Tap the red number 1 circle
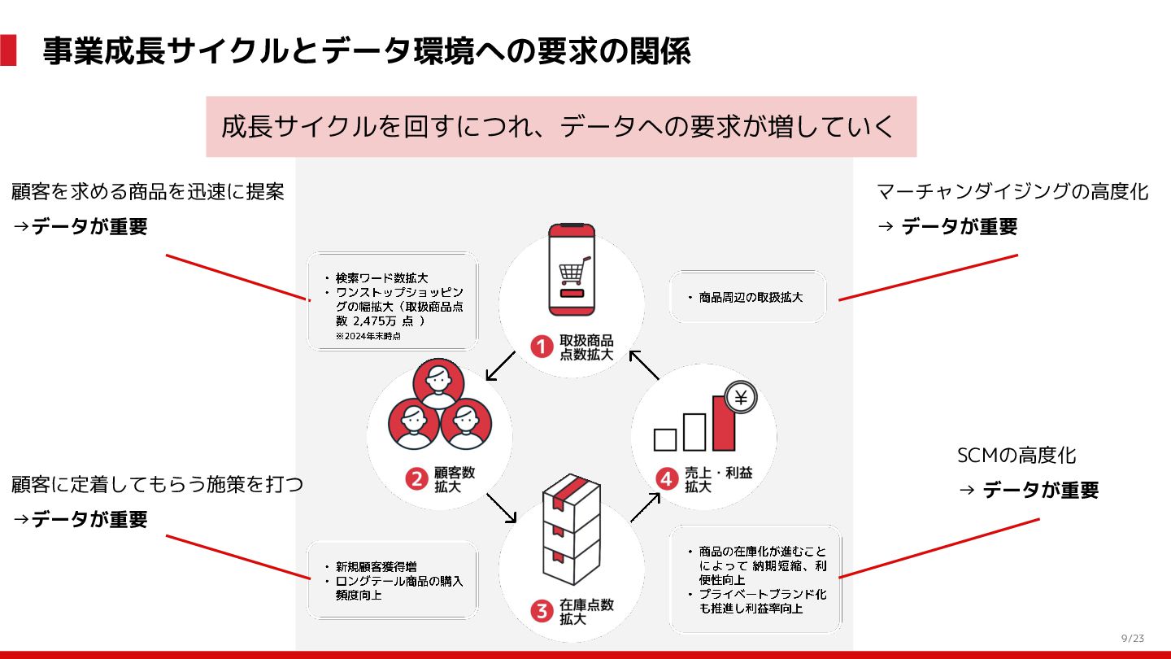coord(542,347)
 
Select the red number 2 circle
coord(417,479)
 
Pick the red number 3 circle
coord(542,611)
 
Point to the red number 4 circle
coord(667,479)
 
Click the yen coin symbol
coord(740,398)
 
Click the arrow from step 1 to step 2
coord(500,366)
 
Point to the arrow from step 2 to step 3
coord(501,508)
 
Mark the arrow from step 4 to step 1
coord(644,365)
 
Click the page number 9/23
coord(1132,638)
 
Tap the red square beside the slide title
coord(8,50)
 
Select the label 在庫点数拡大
coord(586,612)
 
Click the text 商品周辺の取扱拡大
coord(751,298)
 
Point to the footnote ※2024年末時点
coord(368,336)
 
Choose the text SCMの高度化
coord(1016,456)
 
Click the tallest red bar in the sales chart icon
coord(723,423)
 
